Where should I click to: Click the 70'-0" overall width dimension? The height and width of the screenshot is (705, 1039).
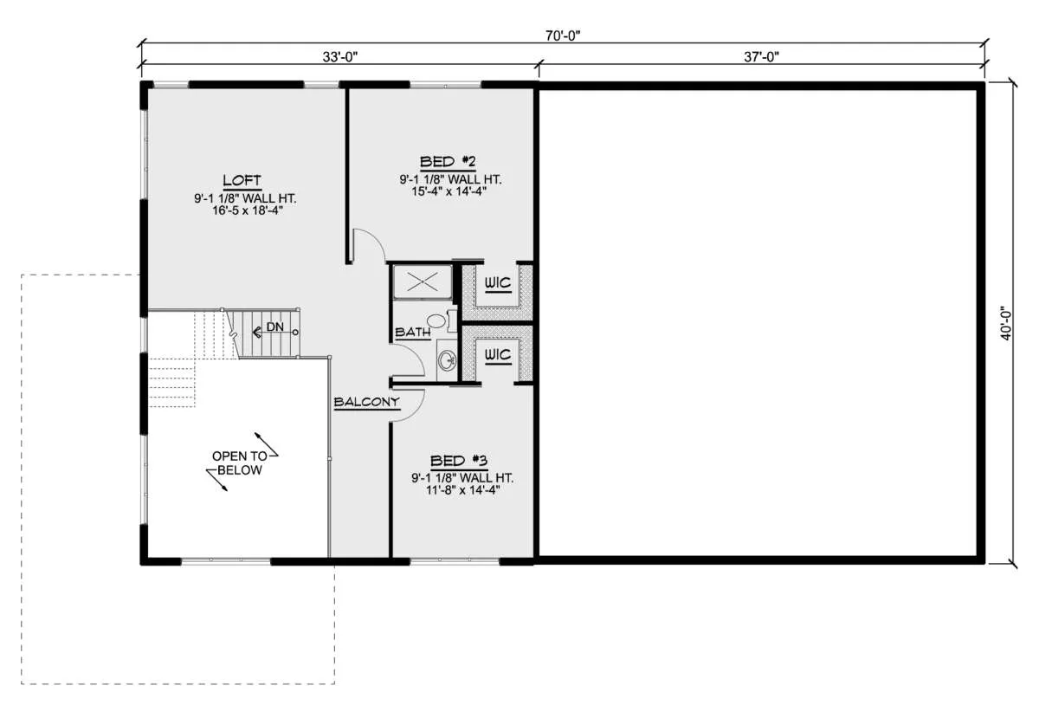(563, 36)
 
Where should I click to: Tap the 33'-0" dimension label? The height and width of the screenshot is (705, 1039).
(340, 57)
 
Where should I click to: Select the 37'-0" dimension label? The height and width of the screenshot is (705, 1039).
(762, 57)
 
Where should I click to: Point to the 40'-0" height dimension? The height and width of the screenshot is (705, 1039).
(1005, 324)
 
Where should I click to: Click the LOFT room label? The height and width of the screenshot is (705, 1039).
(242, 180)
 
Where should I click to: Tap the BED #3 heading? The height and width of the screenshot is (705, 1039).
(459, 461)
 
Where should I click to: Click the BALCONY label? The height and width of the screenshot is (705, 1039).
(366, 402)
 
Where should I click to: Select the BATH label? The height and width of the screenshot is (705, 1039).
(412, 333)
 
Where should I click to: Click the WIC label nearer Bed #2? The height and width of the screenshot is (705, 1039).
(498, 282)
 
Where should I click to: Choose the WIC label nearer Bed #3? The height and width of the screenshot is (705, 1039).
(498, 355)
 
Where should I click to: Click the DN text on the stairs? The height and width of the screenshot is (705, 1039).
(275, 327)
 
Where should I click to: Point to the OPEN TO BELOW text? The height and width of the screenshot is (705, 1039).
(240, 462)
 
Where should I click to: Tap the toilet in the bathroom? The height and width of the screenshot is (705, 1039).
(441, 320)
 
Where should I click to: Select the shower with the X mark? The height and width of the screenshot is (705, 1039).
(423, 281)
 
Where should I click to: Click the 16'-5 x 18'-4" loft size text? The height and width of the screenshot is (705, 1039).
(248, 210)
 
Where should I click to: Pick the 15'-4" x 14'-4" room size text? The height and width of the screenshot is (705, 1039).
(449, 191)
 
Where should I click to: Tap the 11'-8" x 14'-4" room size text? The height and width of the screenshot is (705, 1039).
(463, 489)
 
